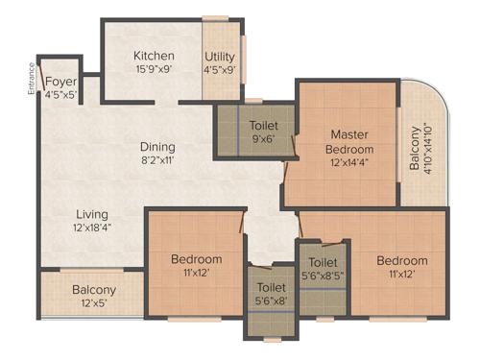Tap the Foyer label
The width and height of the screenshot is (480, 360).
60,83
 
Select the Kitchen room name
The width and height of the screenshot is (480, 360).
154,55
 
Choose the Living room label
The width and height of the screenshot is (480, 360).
93,213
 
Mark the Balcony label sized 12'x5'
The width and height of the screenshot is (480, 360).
94,302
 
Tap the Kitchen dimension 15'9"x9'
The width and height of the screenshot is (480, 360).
154,69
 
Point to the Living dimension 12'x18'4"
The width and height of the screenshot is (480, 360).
93,228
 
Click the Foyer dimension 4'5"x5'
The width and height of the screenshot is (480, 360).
60,95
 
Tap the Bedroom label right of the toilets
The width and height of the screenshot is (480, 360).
401,260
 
